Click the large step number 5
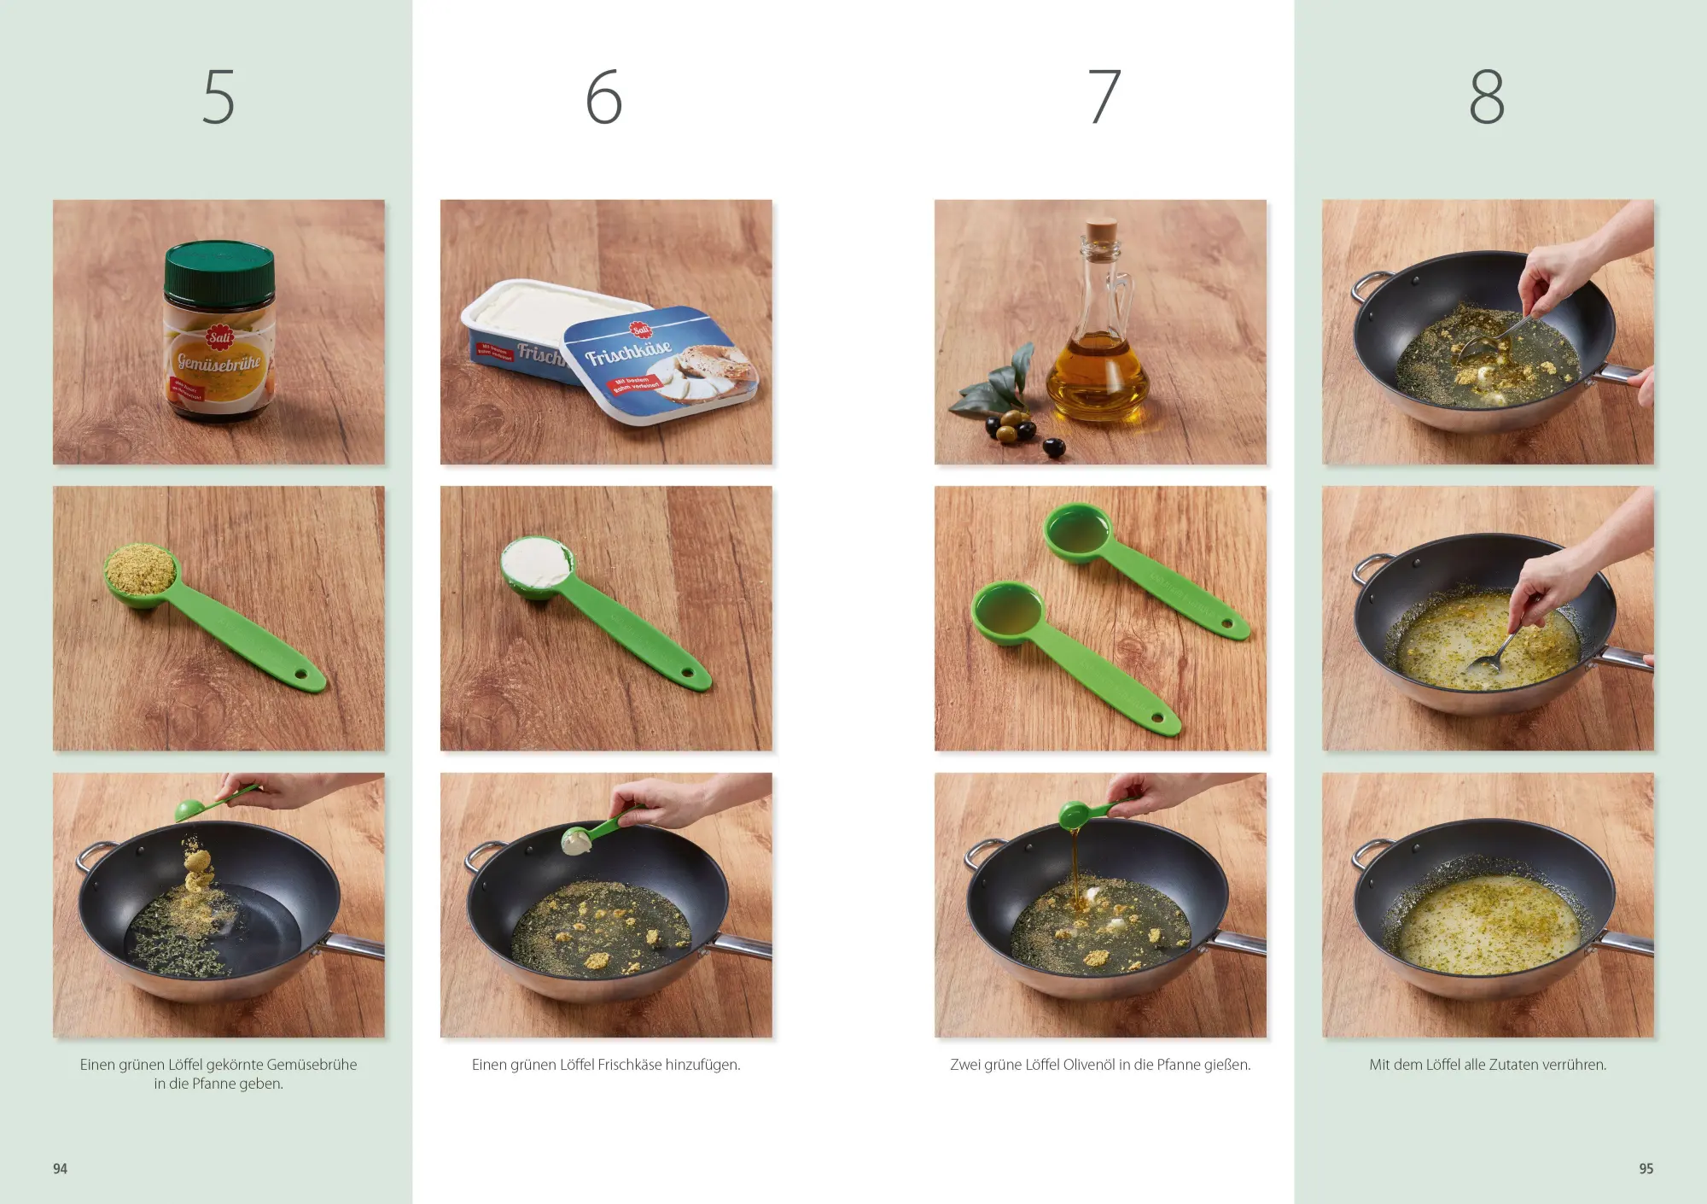pyautogui.click(x=218, y=96)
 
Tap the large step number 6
pyautogui.click(x=603, y=96)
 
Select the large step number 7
pyautogui.click(x=1104, y=96)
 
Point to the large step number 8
pyautogui.click(x=1486, y=96)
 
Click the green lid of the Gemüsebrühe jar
pyautogui.click(x=219, y=267)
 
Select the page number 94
pyautogui.click(x=60, y=1168)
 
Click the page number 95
pyautogui.click(x=1646, y=1168)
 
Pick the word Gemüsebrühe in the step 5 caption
pyautogui.click(x=312, y=1065)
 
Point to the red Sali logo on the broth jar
pyautogui.click(x=219, y=337)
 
